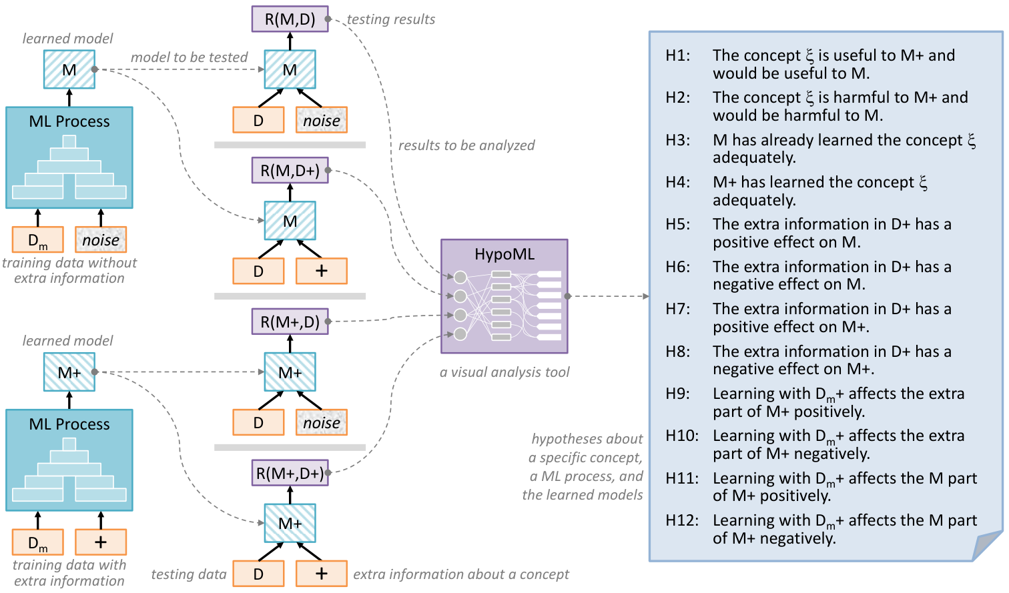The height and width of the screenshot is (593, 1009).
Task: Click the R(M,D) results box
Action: (290, 19)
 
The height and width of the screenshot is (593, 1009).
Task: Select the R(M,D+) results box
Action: (290, 170)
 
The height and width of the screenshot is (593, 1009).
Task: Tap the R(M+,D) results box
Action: (290, 322)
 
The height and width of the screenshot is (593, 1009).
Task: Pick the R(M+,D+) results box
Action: (290, 473)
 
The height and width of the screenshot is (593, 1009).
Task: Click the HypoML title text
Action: (504, 254)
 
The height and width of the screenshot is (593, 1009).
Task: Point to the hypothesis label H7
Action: (678, 309)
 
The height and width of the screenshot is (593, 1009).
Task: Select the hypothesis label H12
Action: (682, 520)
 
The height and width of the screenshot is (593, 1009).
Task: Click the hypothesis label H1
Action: (678, 55)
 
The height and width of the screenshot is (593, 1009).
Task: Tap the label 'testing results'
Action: (391, 19)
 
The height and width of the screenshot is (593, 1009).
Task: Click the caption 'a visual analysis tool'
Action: (504, 372)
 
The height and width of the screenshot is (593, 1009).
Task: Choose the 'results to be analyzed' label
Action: (466, 145)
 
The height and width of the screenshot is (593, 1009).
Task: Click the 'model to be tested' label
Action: (190, 57)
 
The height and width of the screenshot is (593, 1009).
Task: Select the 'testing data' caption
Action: (189, 574)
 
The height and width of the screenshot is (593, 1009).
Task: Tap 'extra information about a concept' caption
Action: (461, 574)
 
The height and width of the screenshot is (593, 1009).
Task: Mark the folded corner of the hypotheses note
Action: (988, 546)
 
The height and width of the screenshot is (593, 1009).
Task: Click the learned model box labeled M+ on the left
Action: (69, 372)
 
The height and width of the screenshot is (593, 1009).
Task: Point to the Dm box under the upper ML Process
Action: (38, 240)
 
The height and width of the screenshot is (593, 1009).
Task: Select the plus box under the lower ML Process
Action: (101, 542)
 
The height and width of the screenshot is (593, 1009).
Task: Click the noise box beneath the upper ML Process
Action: (101, 240)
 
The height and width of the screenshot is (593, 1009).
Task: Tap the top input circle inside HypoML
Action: (460, 277)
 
